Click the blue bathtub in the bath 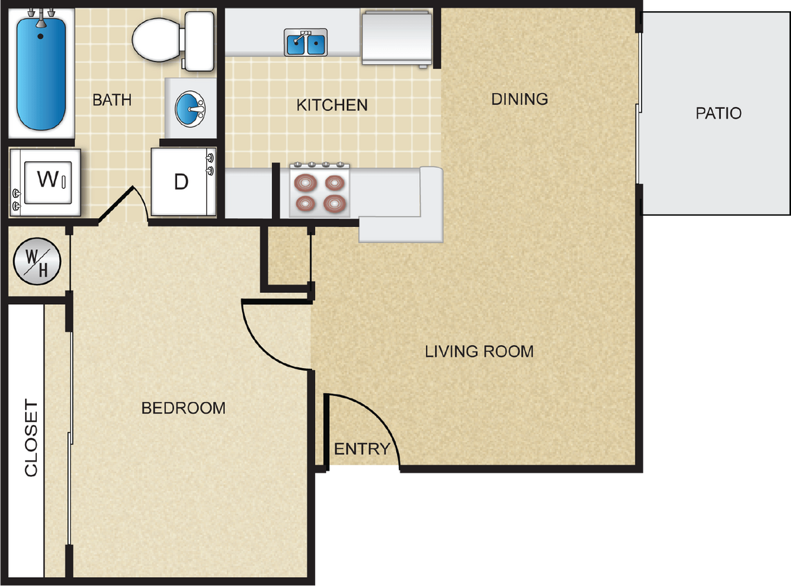point(41,73)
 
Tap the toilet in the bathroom point(167,40)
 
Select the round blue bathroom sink point(189,108)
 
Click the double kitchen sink point(306,43)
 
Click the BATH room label point(112,100)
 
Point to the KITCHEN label point(332,106)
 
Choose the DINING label point(520,99)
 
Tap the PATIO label point(718,113)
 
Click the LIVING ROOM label point(479,351)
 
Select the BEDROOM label point(183,408)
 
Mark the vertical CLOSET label point(32,438)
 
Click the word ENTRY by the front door point(362,449)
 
